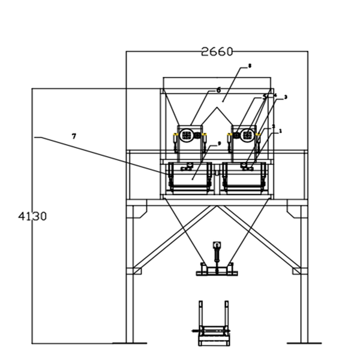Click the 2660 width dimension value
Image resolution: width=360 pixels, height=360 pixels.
click(x=217, y=52)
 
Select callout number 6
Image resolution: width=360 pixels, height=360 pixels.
click(x=218, y=89)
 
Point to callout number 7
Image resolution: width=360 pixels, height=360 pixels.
click(x=74, y=136)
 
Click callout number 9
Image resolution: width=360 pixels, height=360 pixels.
click(x=219, y=143)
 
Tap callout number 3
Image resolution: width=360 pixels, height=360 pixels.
click(x=285, y=97)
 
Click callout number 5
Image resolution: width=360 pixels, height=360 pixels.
click(x=265, y=96)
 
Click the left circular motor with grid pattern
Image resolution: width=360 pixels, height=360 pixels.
click(x=187, y=136)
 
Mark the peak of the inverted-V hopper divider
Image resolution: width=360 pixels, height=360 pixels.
click(x=214, y=109)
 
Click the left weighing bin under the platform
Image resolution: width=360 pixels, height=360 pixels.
click(x=190, y=178)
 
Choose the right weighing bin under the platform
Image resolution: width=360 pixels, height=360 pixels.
click(x=247, y=178)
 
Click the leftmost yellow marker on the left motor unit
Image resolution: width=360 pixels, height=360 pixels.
click(x=175, y=134)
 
